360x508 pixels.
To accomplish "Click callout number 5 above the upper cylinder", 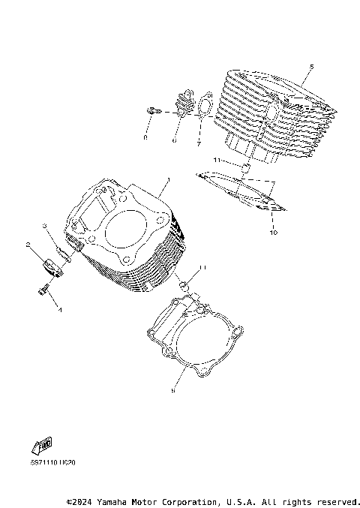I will pyautogui.click(x=311, y=67).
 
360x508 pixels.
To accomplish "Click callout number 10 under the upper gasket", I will pyautogui.click(x=274, y=233).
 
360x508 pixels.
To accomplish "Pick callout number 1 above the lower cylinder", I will pyautogui.click(x=169, y=180).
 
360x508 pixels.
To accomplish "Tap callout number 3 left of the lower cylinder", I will pyautogui.click(x=44, y=225).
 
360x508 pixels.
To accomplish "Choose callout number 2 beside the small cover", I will pyautogui.click(x=27, y=245).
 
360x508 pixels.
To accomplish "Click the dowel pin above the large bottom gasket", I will pyautogui.click(x=183, y=284).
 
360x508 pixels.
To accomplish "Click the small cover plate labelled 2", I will pyautogui.click(x=52, y=266).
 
